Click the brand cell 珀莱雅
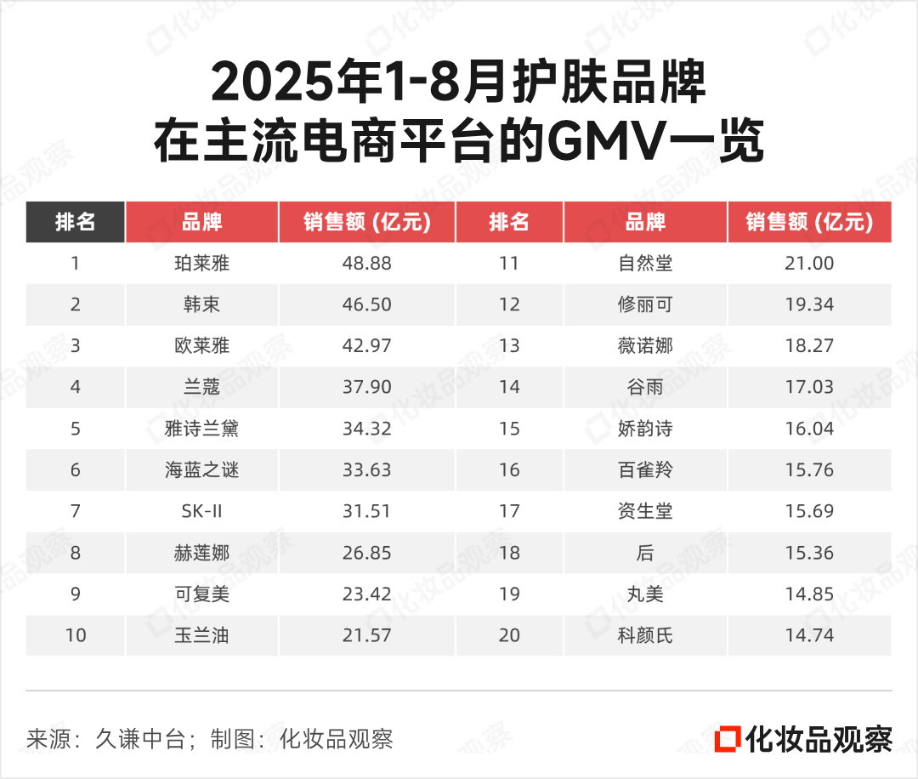[201, 264]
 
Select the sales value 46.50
[367, 304]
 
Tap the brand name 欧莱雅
[201, 346]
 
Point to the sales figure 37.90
[367, 387]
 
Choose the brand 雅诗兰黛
[201, 429]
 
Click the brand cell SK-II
[201, 511]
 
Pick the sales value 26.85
[367, 553]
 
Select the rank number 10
[76, 635]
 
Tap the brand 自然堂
[645, 264]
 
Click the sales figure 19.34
[809, 304]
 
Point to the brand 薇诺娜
[645, 346]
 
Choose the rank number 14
[509, 387]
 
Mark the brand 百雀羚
[645, 470]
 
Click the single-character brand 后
[645, 553]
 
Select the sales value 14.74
[809, 635]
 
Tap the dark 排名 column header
[76, 223]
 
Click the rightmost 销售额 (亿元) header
[809, 223]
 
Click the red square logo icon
[728, 737]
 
